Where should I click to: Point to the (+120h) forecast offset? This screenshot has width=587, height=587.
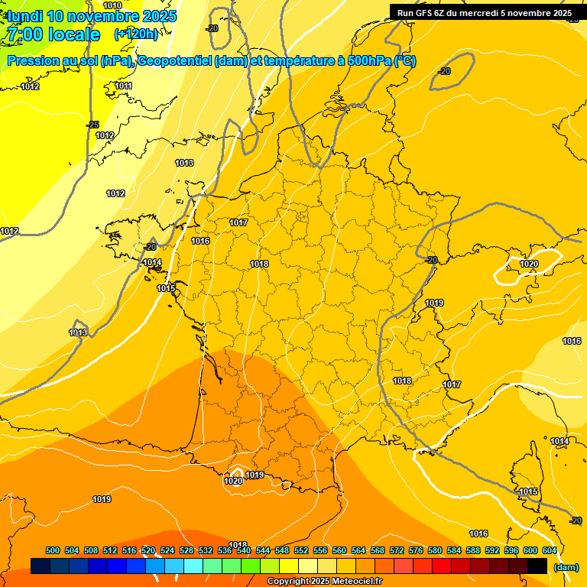tap(136, 34)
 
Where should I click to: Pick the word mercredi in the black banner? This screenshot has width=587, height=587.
tap(489, 13)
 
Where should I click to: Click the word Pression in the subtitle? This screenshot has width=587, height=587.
tap(31, 61)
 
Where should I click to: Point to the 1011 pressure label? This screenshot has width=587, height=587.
tap(123, 86)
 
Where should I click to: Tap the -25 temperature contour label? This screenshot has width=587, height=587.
tap(92, 125)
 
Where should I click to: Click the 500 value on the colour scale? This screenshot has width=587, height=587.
tap(53, 550)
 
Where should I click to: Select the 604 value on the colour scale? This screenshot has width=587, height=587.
tap(550, 550)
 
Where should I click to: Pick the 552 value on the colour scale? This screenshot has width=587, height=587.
tap(301, 550)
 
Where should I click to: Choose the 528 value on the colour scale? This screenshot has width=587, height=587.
tap(186, 550)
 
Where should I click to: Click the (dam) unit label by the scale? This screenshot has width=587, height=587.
tap(566, 567)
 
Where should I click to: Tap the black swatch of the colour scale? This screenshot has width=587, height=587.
tap(537, 566)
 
